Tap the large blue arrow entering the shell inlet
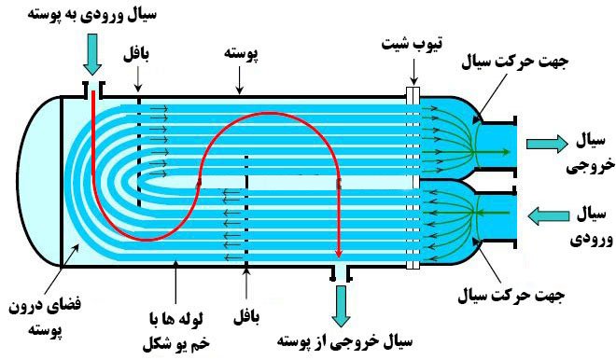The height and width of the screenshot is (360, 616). [91, 56]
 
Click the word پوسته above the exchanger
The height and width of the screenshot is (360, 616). [239, 53]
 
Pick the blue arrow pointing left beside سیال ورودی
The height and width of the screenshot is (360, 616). [545, 215]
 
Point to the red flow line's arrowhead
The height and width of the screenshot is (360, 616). [338, 254]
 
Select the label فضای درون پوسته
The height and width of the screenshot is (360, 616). [38, 318]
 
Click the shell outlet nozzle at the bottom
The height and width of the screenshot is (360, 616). [340, 271]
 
